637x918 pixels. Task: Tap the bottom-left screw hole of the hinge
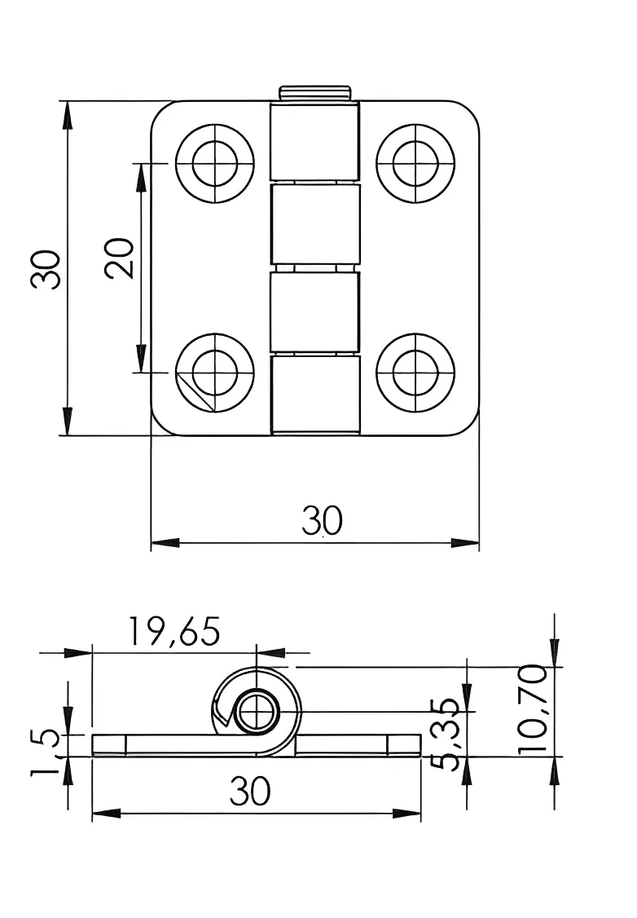tap(215, 373)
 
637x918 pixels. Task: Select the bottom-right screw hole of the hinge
tap(415, 373)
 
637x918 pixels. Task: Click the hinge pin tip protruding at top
tap(314, 93)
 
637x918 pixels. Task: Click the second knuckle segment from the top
tap(314, 225)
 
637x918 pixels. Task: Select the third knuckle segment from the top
tap(314, 312)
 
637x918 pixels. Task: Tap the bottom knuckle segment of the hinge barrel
tap(314, 394)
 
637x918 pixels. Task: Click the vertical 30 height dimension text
tap(46, 269)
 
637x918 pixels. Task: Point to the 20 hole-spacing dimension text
tap(120, 258)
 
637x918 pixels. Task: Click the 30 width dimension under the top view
tap(323, 520)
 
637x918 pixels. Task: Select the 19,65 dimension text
tap(174, 632)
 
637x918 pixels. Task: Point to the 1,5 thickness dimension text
tap(46, 752)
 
